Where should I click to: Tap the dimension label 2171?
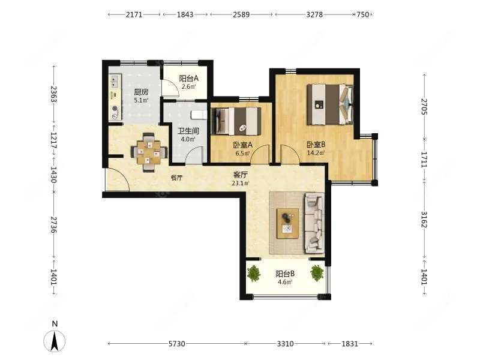[x=134, y=14]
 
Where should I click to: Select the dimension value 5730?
[x=177, y=344]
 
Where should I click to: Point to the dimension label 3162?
[x=424, y=220]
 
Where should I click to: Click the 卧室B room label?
[x=316, y=144]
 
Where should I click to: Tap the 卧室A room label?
[x=243, y=145]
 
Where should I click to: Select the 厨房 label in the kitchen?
[x=141, y=92]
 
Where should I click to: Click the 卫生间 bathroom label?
[x=188, y=131]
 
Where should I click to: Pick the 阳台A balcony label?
[x=189, y=79]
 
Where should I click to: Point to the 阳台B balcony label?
[x=285, y=274]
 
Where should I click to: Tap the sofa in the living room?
[x=314, y=223]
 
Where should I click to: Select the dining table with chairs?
[x=149, y=152]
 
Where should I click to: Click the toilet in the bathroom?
[x=199, y=115]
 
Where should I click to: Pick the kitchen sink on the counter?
[x=115, y=80]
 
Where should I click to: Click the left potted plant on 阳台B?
[x=254, y=274]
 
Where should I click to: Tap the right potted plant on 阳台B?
[x=317, y=273]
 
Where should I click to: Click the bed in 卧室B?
[x=331, y=104]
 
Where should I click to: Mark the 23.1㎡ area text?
[x=241, y=184]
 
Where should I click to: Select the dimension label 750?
[x=363, y=14]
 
